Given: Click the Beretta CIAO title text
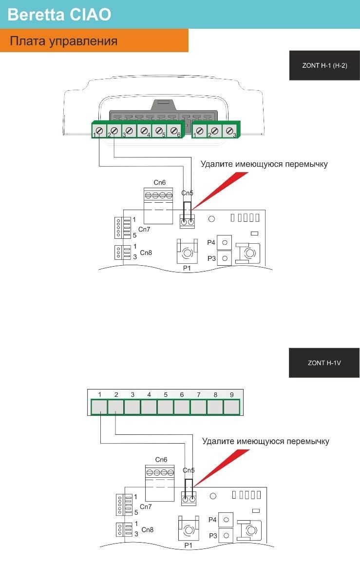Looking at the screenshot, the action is (x=59, y=15).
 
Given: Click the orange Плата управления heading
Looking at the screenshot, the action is (x=64, y=41).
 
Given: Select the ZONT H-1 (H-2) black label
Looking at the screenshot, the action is (x=324, y=65).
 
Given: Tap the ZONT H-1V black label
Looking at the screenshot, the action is (x=324, y=363).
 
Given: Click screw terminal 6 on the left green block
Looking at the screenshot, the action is (x=174, y=130).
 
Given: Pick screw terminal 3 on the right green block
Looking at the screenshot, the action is (x=229, y=131).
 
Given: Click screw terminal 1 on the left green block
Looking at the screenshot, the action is (x=99, y=130).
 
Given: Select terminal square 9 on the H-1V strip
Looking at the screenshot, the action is (x=231, y=407).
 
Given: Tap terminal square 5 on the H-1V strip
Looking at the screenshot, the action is (x=165, y=407).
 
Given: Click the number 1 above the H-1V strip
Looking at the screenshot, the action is (x=99, y=394).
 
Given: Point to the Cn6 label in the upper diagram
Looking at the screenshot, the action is (x=159, y=182).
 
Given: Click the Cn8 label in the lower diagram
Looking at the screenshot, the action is (x=147, y=529).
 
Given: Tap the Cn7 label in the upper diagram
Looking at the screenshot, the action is (x=144, y=229).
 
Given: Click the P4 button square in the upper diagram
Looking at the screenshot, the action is (x=225, y=243).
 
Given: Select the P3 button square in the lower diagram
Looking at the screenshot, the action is (x=226, y=535).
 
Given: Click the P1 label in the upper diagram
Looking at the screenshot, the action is (x=187, y=268).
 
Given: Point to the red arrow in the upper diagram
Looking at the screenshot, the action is (x=219, y=191).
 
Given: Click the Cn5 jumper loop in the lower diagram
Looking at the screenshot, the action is (x=189, y=488).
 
